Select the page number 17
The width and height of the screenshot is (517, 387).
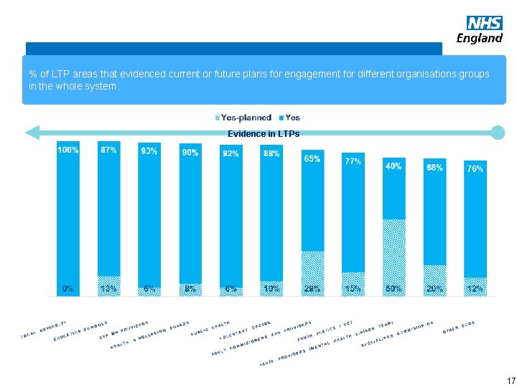pos(511,380)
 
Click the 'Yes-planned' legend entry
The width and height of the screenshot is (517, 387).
pos(243,118)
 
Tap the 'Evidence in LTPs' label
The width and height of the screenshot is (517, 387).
pos(264,134)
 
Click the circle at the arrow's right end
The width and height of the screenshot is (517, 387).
pos(498,133)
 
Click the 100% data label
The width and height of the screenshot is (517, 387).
pos(68,150)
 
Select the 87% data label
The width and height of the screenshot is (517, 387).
pos(108,150)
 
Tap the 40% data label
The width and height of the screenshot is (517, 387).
pos(393,166)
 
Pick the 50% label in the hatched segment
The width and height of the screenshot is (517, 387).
pos(393,289)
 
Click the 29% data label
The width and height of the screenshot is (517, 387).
pos(312,289)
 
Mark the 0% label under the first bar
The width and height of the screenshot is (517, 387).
pos(67,289)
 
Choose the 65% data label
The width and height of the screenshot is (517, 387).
pos(312,158)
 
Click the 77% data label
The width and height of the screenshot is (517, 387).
pos(353,162)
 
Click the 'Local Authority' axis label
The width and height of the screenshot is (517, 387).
pos(43,330)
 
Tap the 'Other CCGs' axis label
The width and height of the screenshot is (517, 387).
pos(459,327)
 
